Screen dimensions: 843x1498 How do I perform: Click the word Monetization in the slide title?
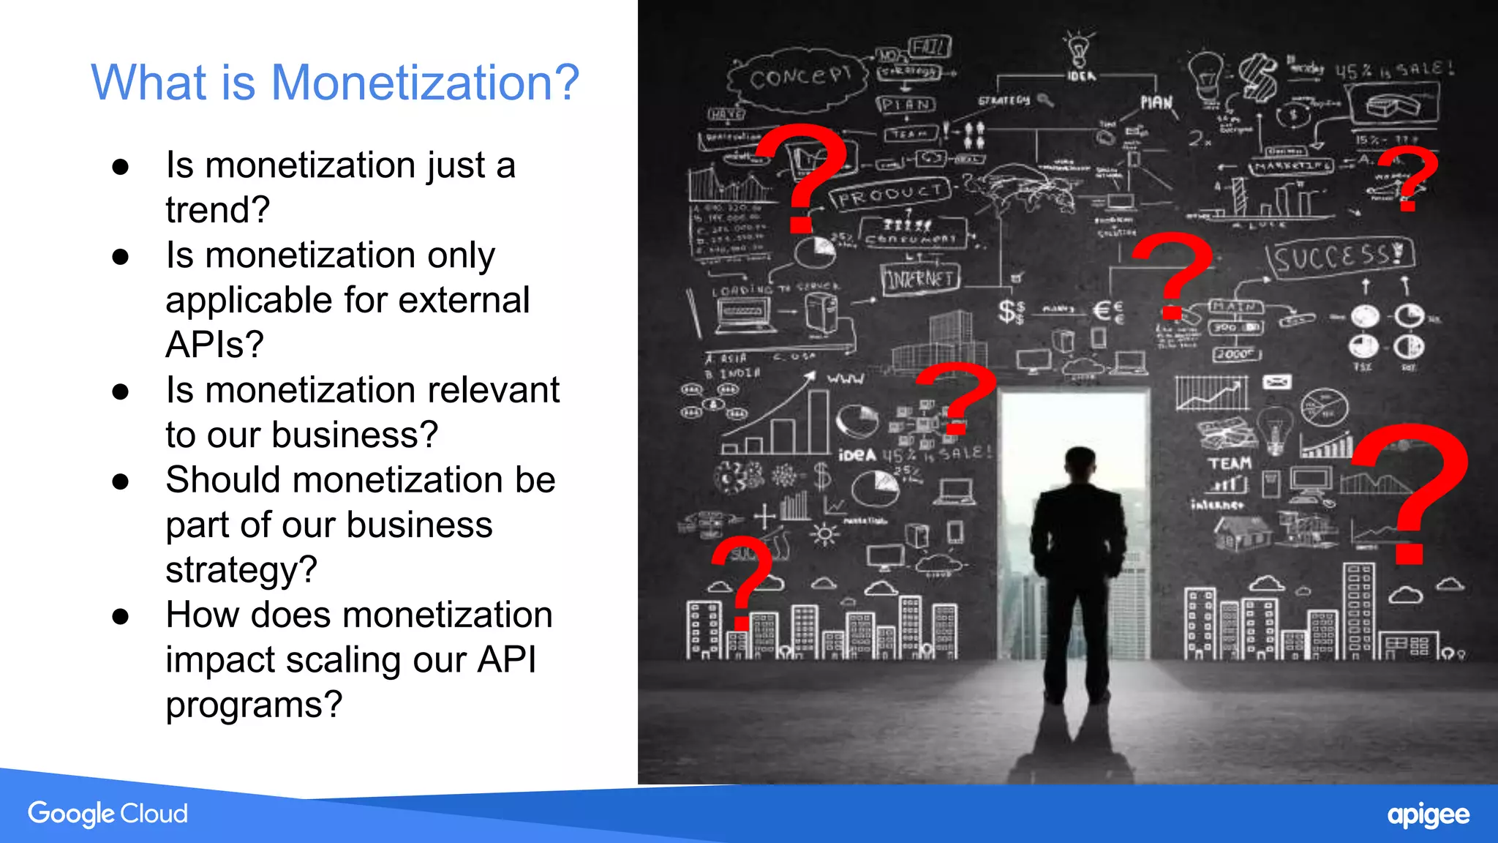424,82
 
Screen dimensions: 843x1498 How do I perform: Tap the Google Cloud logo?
108,814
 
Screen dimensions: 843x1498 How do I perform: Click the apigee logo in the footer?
1428,815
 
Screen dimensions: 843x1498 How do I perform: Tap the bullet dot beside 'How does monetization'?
121,616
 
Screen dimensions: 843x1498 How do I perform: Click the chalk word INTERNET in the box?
920,279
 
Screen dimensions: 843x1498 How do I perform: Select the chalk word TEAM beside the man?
1230,464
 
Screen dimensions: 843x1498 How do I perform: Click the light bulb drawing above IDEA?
1078,50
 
